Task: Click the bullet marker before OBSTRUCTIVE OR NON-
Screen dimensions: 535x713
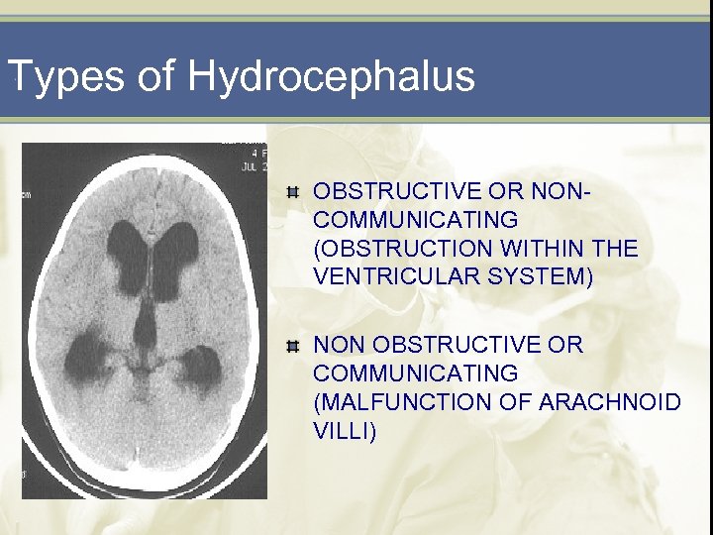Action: pyautogui.click(x=291, y=191)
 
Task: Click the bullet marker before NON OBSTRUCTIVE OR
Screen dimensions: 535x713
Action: pyautogui.click(x=291, y=346)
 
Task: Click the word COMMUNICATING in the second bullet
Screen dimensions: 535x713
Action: pyautogui.click(x=415, y=374)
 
